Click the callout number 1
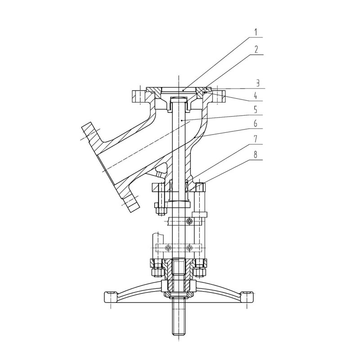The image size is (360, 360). point(256,32)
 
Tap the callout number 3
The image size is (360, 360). point(258,83)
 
